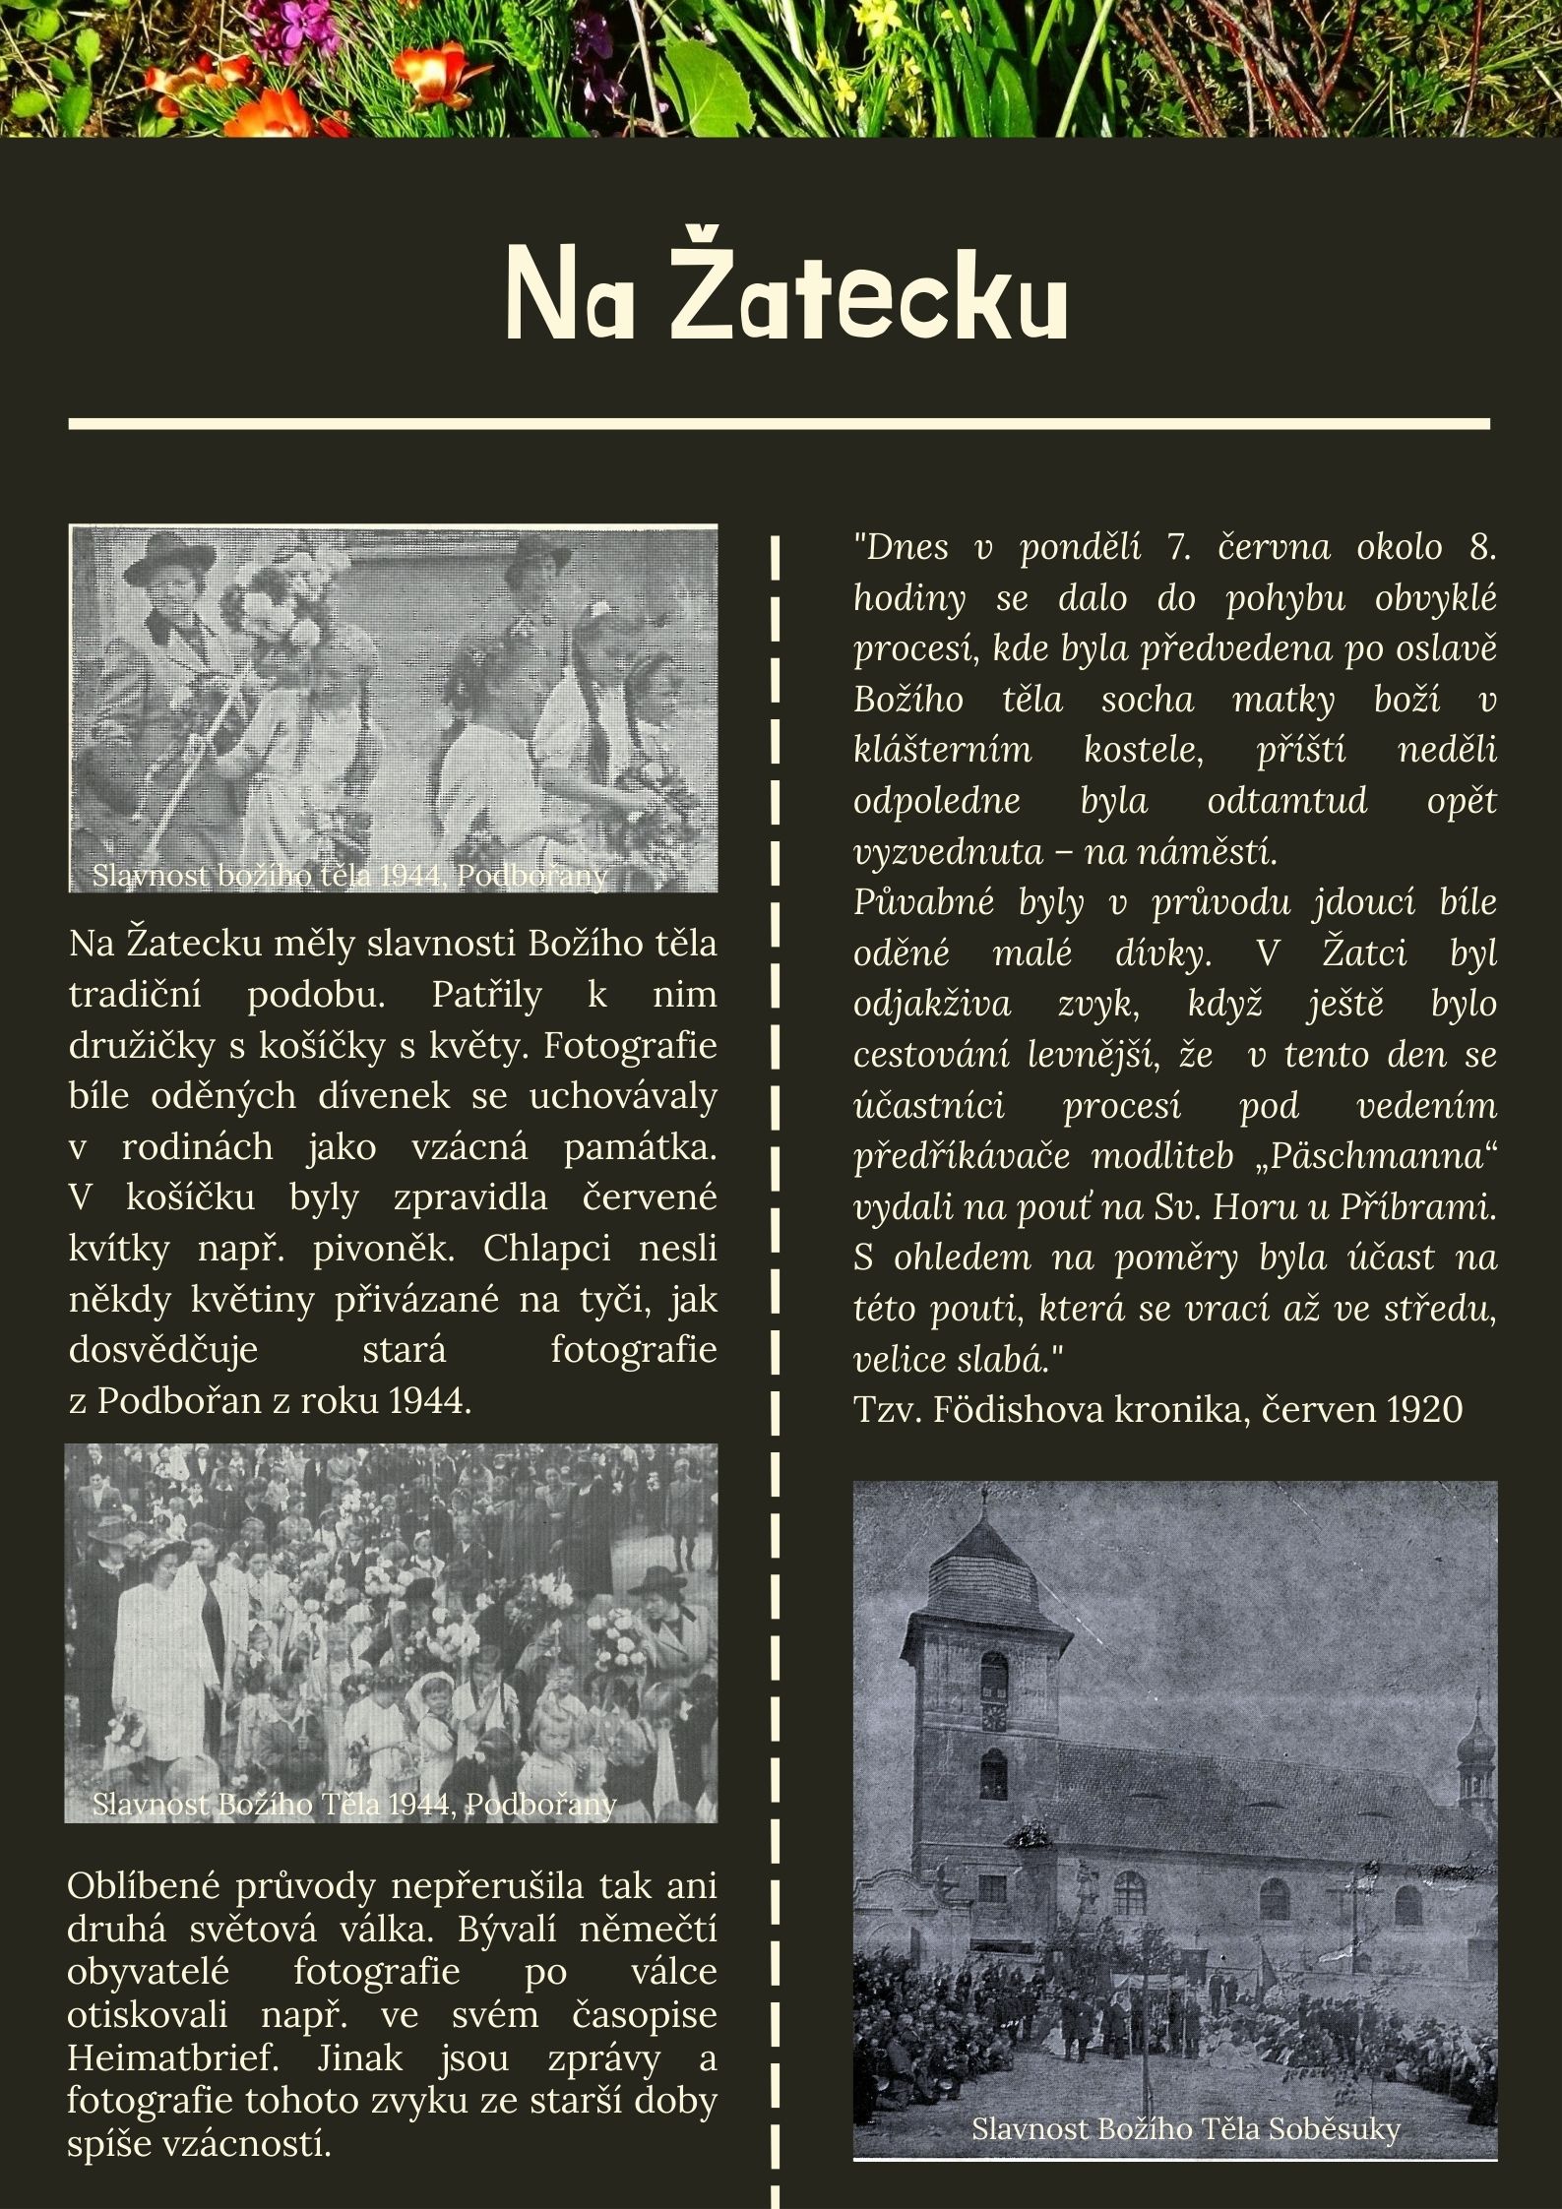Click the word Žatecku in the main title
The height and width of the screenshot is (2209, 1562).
[870, 292]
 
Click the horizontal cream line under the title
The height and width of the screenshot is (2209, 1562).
[779, 424]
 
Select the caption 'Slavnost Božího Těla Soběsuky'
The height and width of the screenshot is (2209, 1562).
[1185, 2129]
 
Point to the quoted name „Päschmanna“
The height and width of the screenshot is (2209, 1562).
[1377, 1156]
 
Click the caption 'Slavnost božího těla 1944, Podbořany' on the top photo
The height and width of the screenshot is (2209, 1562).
[350, 875]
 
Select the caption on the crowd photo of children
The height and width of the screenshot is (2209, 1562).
[354, 1804]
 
